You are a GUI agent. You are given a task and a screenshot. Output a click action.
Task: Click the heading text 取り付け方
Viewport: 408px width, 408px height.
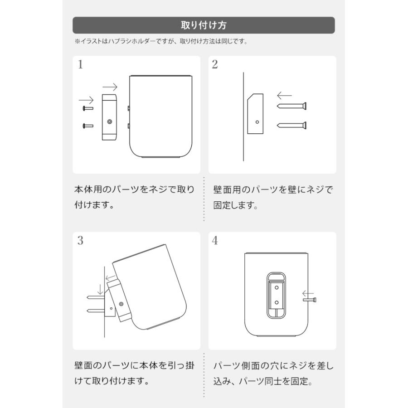[x=204, y=25]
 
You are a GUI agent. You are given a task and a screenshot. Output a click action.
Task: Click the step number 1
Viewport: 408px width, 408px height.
[x=80, y=65]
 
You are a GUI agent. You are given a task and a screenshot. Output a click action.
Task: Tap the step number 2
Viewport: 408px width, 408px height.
[x=215, y=65]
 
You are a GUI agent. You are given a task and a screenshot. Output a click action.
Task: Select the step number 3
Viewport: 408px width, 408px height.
[x=80, y=241]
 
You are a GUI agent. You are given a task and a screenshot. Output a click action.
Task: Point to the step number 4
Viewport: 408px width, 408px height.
[x=215, y=241]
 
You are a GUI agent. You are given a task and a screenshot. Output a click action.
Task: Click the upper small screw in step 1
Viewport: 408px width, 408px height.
[x=87, y=108]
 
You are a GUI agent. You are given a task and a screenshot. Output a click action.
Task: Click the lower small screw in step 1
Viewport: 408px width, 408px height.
[x=87, y=125]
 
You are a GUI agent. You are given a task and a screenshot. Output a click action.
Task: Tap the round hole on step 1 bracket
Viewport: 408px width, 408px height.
[x=109, y=122]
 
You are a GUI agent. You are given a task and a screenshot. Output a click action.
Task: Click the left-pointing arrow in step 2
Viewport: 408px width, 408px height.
[x=284, y=96]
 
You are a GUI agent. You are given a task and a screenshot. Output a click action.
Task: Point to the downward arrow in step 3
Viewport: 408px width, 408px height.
[x=100, y=289]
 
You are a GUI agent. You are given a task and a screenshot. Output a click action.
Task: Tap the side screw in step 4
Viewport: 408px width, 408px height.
[x=310, y=299]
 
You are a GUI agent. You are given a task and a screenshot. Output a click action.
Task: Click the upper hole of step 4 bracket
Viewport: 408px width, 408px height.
[x=277, y=287]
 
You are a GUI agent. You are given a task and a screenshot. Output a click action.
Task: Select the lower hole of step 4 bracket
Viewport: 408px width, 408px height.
[x=277, y=301]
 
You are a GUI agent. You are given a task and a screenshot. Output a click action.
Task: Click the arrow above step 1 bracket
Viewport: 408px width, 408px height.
[x=110, y=87]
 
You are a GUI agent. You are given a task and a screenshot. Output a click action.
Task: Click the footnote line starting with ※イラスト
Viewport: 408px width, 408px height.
[x=161, y=42]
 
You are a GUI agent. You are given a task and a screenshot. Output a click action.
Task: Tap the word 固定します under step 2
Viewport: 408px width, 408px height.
[x=236, y=205]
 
